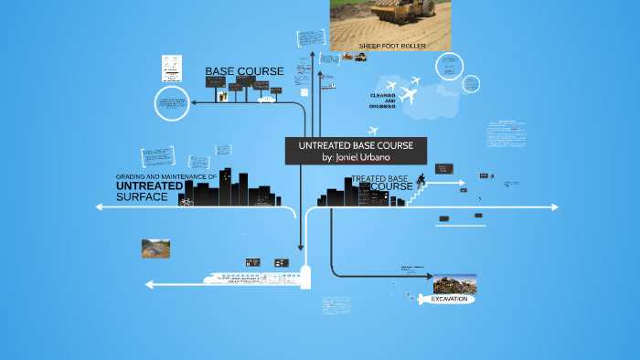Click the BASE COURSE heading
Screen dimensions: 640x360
click(244, 71)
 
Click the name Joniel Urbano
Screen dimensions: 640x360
click(356, 157)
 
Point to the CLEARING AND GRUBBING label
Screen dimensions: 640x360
click(382, 101)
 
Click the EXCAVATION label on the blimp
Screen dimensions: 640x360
click(449, 299)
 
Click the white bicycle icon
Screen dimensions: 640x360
click(187, 201)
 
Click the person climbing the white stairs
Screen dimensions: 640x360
click(421, 178)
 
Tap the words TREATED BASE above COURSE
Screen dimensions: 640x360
click(379, 178)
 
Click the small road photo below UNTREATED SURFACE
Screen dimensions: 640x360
click(155, 247)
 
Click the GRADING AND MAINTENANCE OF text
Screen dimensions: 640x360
click(165, 175)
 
